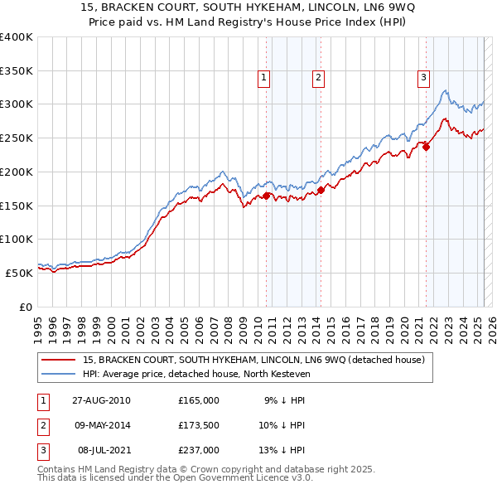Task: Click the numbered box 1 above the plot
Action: click(x=263, y=79)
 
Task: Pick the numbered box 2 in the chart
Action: click(x=318, y=79)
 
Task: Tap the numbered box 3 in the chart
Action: click(x=423, y=79)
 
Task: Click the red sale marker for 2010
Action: click(x=267, y=196)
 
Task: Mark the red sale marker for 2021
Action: click(x=427, y=147)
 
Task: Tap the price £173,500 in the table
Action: click(x=199, y=424)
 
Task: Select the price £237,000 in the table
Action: click(x=199, y=449)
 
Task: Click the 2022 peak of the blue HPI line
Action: click(x=446, y=90)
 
